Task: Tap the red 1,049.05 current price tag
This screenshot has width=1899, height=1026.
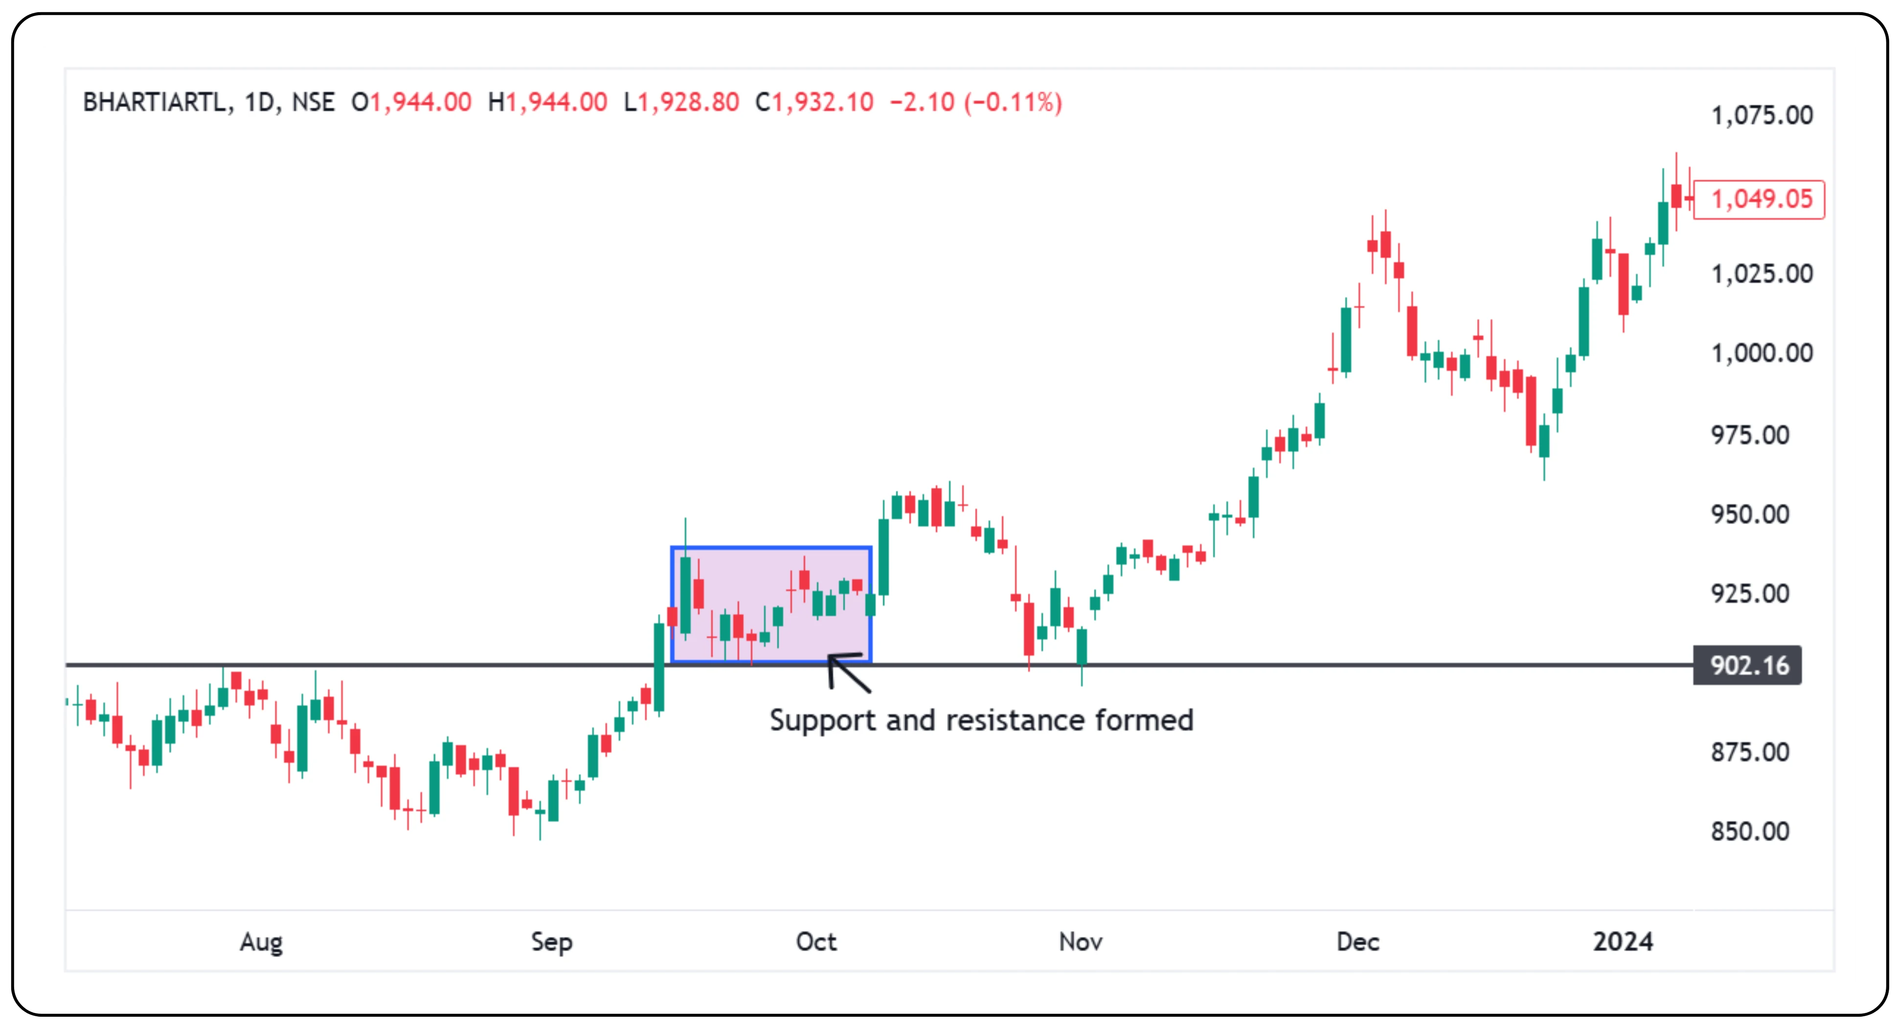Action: point(1760,199)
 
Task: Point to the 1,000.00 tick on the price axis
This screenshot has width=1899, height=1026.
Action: point(1761,353)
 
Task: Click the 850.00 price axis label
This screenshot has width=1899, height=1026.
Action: point(1749,831)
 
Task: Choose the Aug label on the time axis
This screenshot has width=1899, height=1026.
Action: point(261,941)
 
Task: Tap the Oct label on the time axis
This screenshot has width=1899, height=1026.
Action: point(816,941)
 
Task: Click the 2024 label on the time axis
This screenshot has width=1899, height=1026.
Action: point(1623,941)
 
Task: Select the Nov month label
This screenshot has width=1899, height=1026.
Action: point(1081,941)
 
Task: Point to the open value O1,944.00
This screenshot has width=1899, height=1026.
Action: point(411,102)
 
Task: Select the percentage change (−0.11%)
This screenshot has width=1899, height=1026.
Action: point(1013,102)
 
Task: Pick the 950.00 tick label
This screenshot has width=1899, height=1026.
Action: point(1749,514)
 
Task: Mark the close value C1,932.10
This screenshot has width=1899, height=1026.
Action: point(814,102)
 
